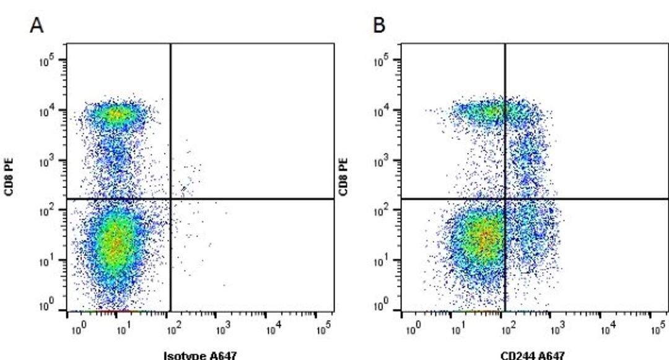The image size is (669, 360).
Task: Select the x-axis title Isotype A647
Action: [200, 355]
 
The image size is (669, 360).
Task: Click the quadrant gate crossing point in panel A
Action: [170, 199]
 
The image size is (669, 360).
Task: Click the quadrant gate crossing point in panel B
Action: [505, 199]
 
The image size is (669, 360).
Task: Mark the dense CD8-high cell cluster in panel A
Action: [116, 114]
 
